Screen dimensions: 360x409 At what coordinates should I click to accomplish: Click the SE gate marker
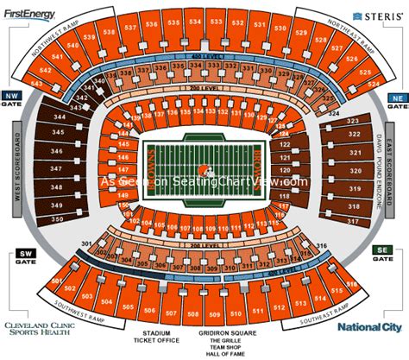(379, 253)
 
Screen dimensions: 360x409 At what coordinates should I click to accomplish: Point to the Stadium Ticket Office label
(152, 338)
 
